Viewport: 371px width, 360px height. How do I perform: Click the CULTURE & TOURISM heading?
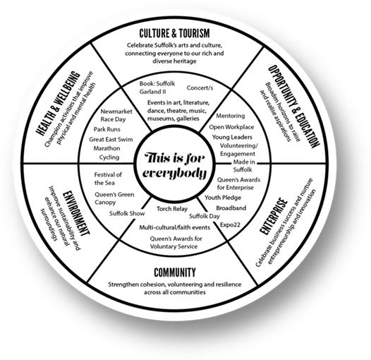click(x=174, y=33)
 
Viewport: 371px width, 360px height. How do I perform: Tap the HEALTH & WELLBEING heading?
click(x=58, y=103)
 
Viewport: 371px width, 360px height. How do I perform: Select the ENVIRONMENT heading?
click(x=76, y=213)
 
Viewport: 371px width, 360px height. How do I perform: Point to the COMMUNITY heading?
click(x=175, y=272)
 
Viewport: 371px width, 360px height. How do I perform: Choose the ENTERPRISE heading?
click(x=274, y=216)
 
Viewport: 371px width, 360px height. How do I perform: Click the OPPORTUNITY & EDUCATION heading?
click(x=294, y=107)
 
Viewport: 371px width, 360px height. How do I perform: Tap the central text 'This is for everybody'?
click(x=175, y=166)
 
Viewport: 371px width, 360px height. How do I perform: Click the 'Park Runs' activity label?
click(x=107, y=129)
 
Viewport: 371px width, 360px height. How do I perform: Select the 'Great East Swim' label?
click(x=111, y=139)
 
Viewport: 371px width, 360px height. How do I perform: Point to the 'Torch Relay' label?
click(x=172, y=209)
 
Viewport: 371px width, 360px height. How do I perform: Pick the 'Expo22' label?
click(x=230, y=224)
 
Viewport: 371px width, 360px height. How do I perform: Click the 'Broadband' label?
click(x=231, y=208)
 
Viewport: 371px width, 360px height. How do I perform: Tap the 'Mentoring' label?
click(x=231, y=116)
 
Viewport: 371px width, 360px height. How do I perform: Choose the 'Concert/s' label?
click(x=200, y=88)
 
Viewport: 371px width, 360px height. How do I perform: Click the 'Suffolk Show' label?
click(x=127, y=213)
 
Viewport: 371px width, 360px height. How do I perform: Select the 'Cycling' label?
click(x=109, y=157)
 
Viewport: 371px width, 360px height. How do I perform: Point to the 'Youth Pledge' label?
click(x=223, y=198)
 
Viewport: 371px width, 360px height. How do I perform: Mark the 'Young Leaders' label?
click(x=232, y=137)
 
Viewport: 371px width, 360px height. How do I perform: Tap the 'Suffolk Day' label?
click(x=205, y=216)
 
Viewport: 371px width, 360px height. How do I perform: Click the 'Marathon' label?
click(x=107, y=148)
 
